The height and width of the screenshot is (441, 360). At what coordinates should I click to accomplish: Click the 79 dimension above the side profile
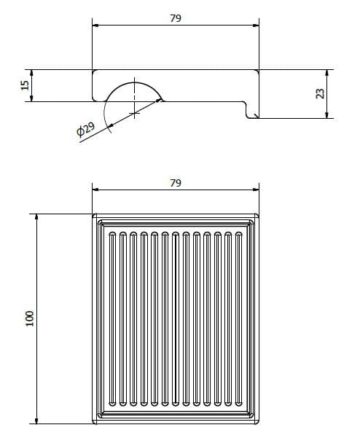pos(176,18)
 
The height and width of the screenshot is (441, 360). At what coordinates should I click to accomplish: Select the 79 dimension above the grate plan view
pos(176,183)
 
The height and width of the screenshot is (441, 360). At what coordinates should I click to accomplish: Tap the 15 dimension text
pos(25,85)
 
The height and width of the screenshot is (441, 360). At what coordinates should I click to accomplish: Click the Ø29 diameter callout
pos(85,131)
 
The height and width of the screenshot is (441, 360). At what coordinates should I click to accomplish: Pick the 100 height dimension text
pos(29,319)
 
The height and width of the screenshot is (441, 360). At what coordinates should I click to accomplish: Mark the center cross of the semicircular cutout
pos(135,113)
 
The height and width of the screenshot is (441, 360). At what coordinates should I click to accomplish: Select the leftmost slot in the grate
pos(111,319)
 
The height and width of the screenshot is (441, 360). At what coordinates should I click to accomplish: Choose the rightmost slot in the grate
pos(240,319)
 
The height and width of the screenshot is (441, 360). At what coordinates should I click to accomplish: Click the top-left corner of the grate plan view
pos(94,216)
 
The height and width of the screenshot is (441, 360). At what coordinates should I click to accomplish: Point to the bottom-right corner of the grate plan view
pos(257,421)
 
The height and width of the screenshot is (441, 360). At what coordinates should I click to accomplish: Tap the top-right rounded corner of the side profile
pos(257,72)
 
